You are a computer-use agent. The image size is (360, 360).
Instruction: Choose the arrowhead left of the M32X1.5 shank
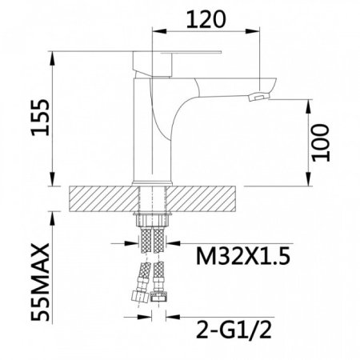click(x=132, y=243)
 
